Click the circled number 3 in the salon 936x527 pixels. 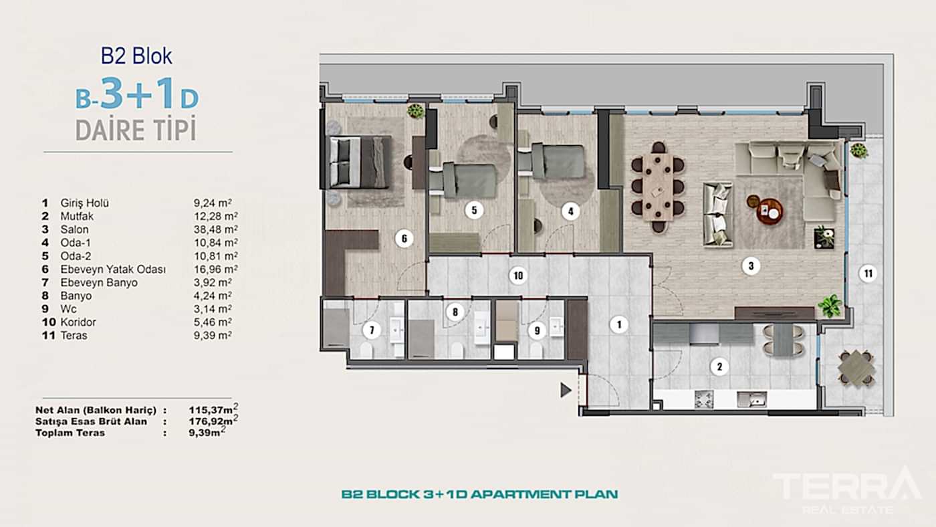750,266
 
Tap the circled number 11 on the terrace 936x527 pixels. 867,273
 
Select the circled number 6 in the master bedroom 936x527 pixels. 403,238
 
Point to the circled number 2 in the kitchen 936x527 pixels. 719,366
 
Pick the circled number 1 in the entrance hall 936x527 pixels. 619,325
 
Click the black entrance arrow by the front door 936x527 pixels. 566,389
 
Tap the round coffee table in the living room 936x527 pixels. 769,211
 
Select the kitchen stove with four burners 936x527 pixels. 704,399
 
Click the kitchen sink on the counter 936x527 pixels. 751,399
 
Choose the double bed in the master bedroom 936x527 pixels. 360,162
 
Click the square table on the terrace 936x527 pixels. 856,368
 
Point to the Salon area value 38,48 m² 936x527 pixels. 213,229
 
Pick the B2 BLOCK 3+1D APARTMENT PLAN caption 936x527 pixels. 479,495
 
